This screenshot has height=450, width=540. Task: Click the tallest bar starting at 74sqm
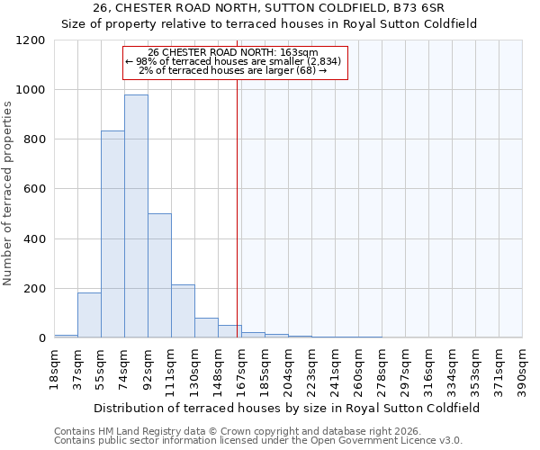coord(136,216)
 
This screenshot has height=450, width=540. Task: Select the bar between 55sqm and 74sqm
coord(112,234)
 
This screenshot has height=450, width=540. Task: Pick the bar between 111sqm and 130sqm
coord(183,311)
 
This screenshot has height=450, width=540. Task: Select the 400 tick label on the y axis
coord(33,239)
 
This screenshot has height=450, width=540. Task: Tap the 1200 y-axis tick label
coord(30,40)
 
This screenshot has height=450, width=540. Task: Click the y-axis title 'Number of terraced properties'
coord(9,193)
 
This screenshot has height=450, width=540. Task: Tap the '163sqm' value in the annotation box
coord(298,53)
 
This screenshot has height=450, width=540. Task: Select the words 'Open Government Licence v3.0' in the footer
coord(392,441)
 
